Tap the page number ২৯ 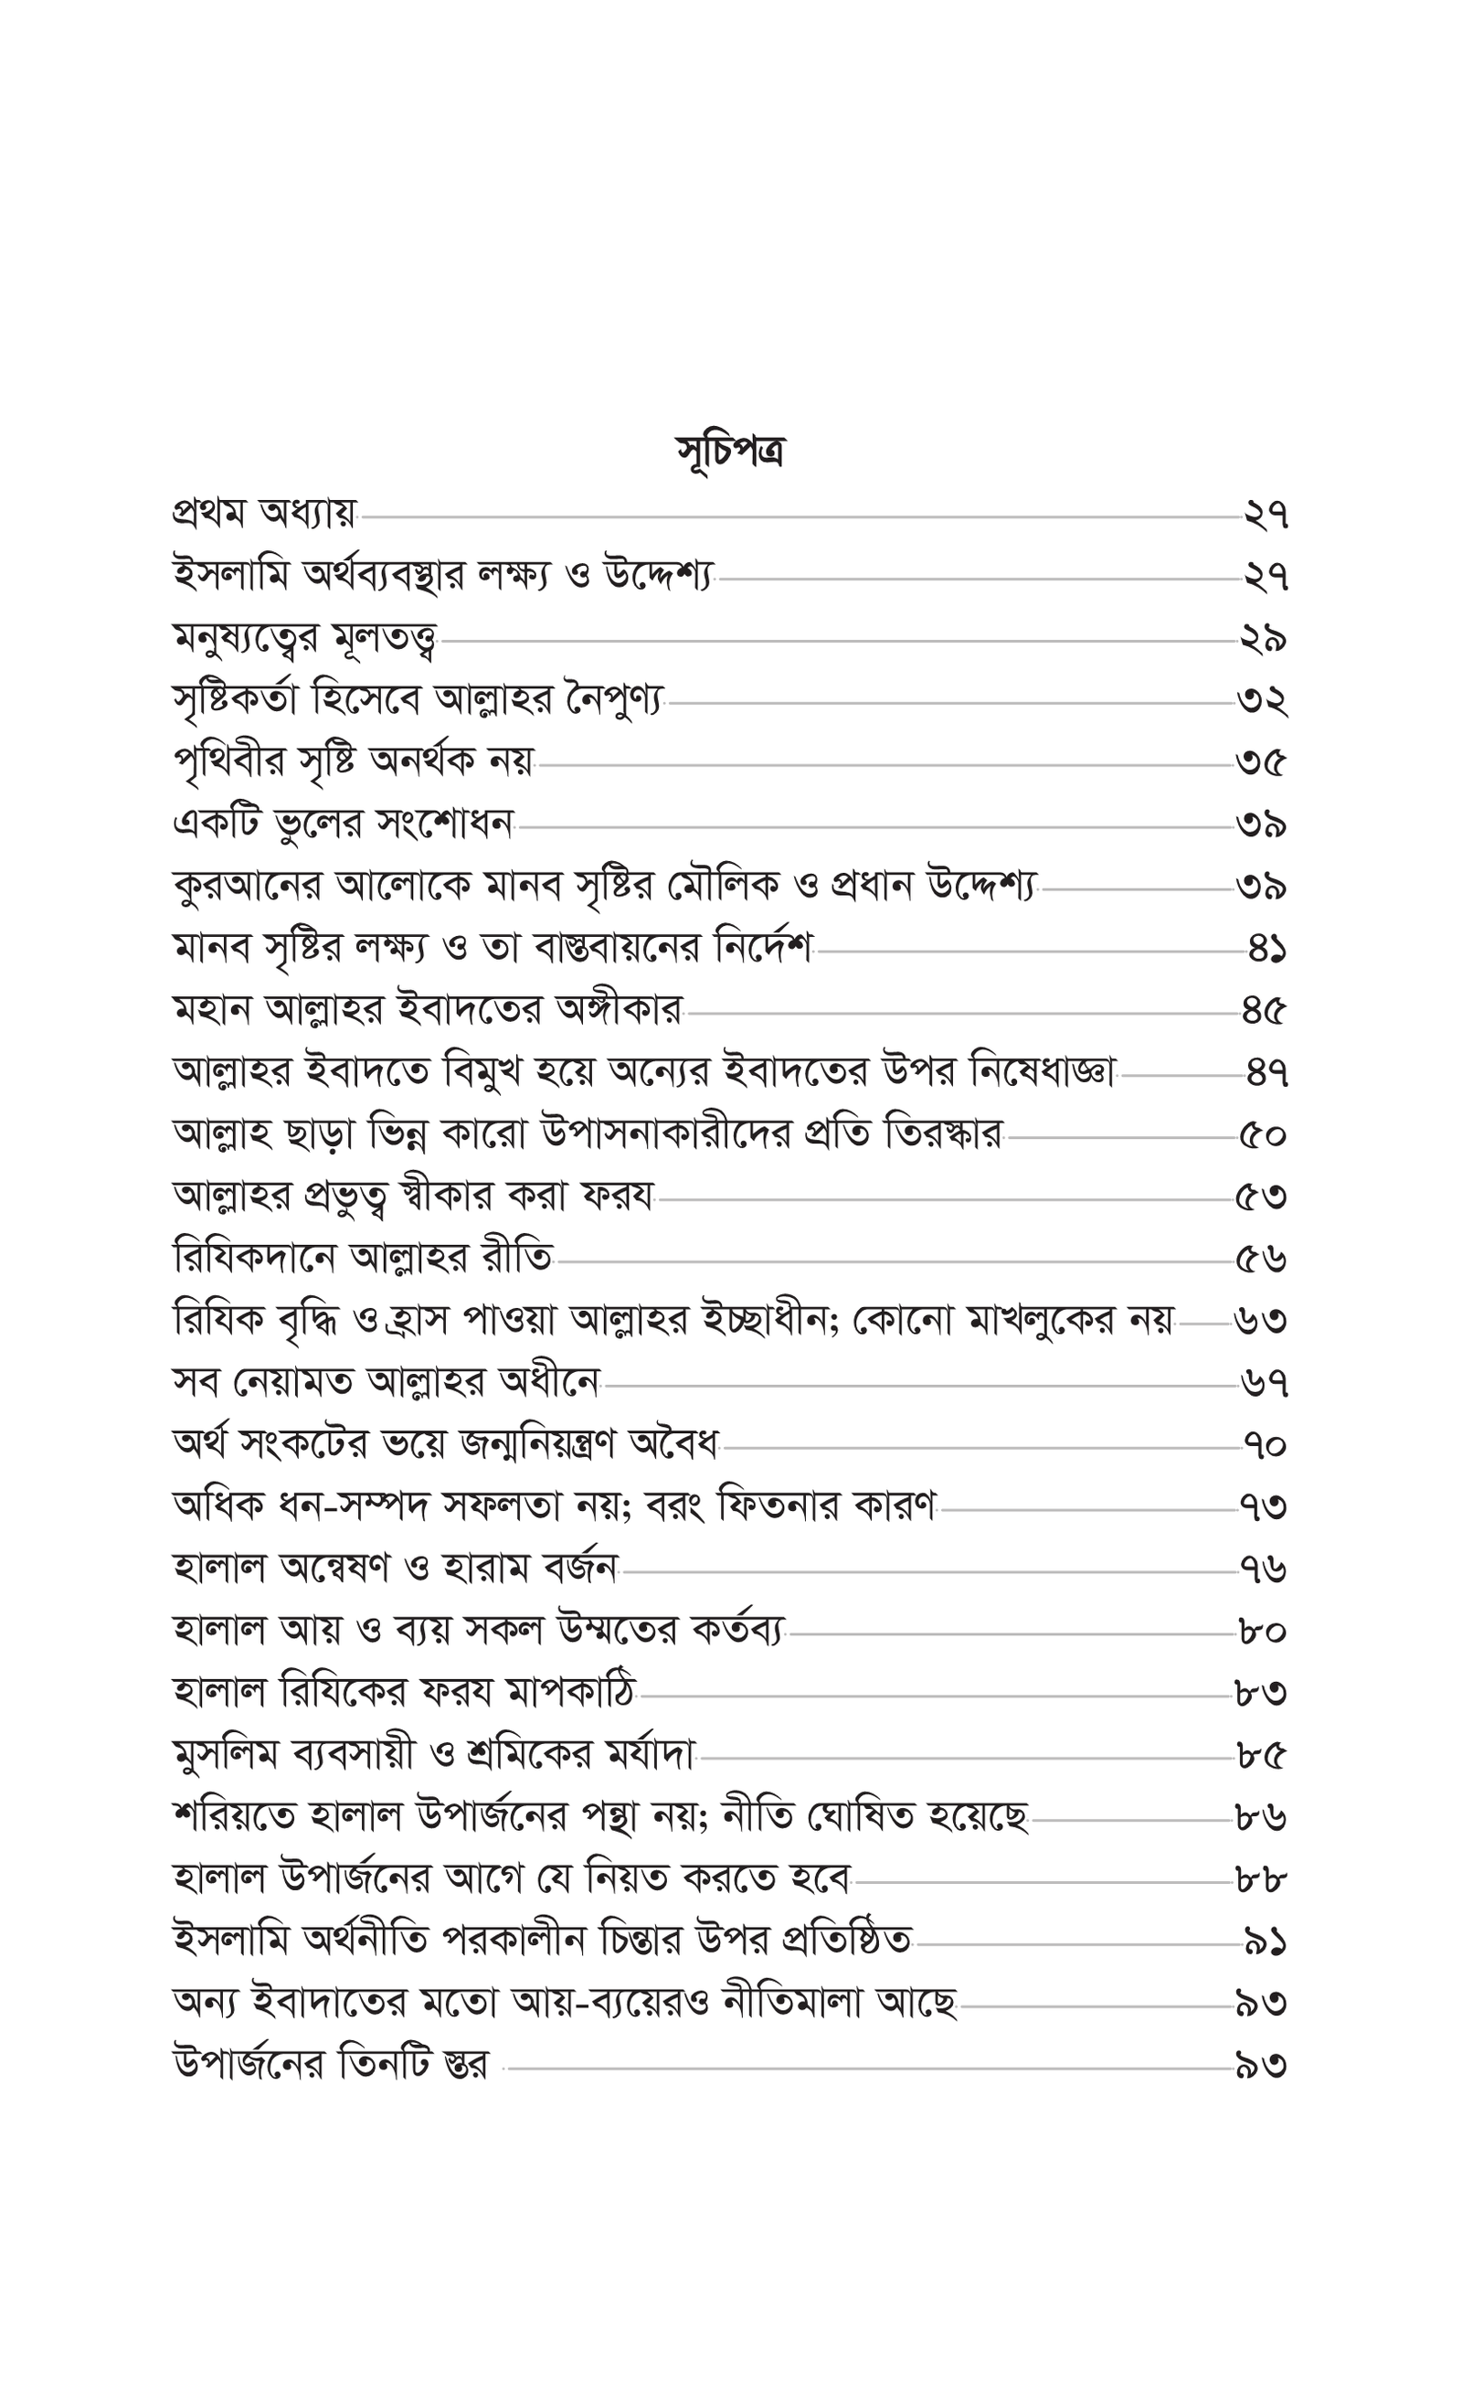[x=1263, y=639]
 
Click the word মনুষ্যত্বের [x=249, y=639]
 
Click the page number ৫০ [x=1263, y=1135]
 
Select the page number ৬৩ [x=1261, y=1321]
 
